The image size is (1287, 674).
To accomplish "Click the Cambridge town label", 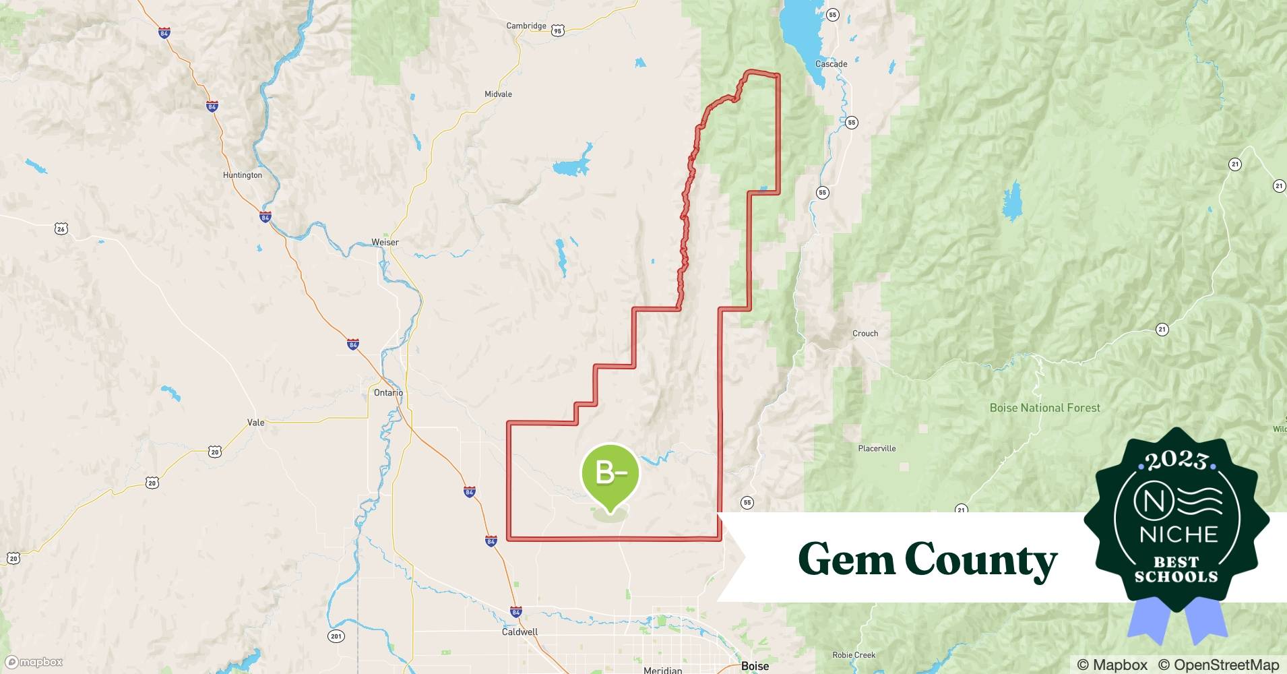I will [526, 26].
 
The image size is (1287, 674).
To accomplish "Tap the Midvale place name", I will [498, 94].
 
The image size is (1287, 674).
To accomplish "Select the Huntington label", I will [242, 175].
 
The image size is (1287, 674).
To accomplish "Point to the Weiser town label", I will [385, 242].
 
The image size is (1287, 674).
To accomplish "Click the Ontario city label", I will [388, 392].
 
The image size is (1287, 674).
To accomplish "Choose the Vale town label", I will [256, 423].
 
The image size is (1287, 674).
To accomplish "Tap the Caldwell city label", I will [520, 632].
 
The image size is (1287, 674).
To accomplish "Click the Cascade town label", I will [831, 64].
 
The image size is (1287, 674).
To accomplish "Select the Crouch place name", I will [865, 334].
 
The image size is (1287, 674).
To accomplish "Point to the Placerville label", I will [877, 448].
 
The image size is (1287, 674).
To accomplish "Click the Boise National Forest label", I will [1044, 408].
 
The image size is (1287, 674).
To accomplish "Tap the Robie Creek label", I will [854, 655].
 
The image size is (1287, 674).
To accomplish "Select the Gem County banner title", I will [927, 559].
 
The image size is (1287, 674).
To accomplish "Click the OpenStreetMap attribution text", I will [1218, 665].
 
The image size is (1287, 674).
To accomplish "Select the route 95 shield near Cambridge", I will [557, 30].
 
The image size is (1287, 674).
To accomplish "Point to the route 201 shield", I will [336, 636].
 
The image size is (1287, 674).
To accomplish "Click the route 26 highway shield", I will [61, 229].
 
